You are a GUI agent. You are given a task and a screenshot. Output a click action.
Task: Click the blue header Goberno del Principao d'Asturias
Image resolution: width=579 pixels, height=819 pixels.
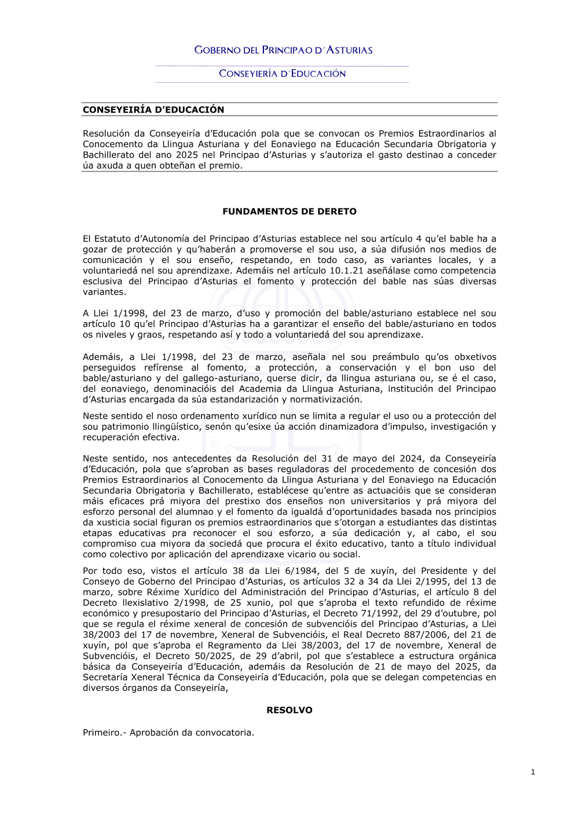click(x=283, y=50)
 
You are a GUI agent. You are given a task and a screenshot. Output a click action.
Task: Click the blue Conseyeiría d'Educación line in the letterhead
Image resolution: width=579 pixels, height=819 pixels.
click(x=282, y=74)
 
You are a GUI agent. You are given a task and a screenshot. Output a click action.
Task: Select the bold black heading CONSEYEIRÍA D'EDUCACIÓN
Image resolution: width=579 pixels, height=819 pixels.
click(x=153, y=109)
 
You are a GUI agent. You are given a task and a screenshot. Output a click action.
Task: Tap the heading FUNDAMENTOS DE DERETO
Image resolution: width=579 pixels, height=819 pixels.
click(x=289, y=211)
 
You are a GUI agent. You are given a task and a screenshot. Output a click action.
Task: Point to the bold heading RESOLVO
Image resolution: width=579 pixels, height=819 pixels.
click(x=289, y=710)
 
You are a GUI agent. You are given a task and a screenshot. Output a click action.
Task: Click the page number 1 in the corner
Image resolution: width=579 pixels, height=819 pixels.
click(x=533, y=772)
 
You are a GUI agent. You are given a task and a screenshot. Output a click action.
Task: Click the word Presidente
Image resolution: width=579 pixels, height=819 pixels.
click(x=444, y=571)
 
